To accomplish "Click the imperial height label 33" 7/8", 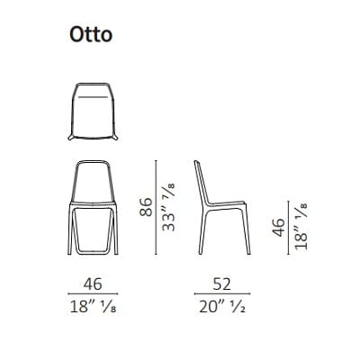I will click(167, 206).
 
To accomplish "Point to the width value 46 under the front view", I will click(91, 283).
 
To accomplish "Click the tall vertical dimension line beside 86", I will click(155, 207).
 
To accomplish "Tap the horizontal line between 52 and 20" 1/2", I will click(221, 293).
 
